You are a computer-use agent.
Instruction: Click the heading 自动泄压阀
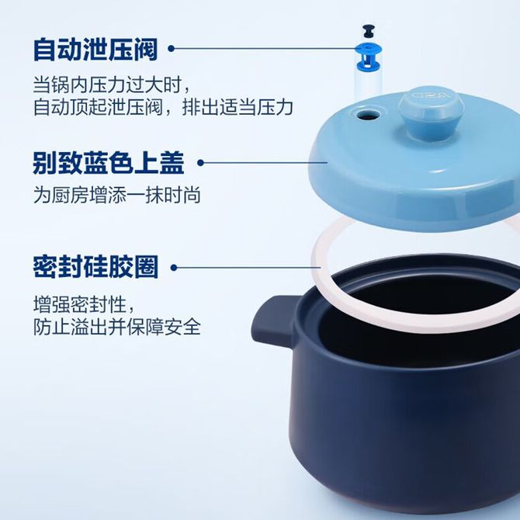95,50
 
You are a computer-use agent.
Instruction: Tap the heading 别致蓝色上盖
109,162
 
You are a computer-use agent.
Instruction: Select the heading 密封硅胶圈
95,267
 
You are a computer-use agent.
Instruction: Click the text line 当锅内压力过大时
112,85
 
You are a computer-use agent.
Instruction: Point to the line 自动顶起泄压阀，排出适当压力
163,107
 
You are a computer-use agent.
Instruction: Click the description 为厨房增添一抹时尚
116,195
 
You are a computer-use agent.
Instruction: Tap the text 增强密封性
84,304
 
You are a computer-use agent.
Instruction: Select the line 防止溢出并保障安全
116,327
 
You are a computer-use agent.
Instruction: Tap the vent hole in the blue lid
369,115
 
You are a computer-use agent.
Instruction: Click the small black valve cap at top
369,31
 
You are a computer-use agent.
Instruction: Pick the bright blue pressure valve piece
369,57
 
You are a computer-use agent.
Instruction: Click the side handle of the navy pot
275,320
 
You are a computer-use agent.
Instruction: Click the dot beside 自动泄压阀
171,49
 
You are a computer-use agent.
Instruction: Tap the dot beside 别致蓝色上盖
200,162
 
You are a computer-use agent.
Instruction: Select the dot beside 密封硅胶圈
174,267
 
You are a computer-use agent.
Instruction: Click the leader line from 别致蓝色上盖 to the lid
264,162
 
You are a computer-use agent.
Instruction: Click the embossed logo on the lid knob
431,95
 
